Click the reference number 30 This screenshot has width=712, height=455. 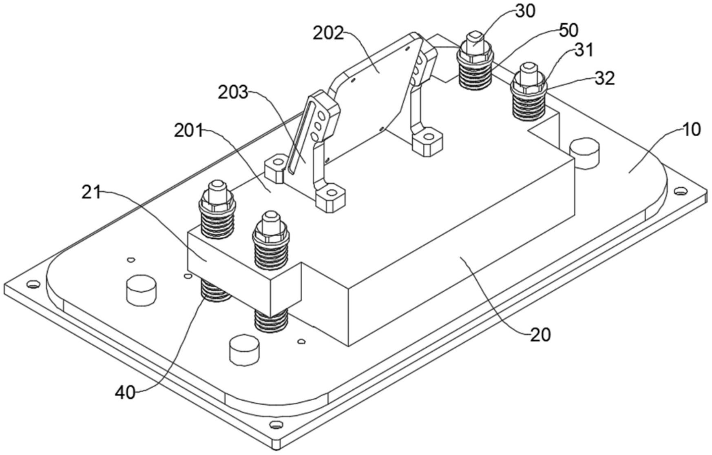click(525, 11)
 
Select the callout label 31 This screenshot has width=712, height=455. click(584, 50)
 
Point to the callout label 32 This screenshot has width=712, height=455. click(604, 78)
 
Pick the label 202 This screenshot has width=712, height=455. click(329, 33)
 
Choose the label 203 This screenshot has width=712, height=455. click(233, 92)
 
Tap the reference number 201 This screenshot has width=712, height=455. click(188, 131)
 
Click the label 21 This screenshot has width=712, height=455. click(91, 192)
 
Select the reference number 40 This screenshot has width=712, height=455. click(125, 393)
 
